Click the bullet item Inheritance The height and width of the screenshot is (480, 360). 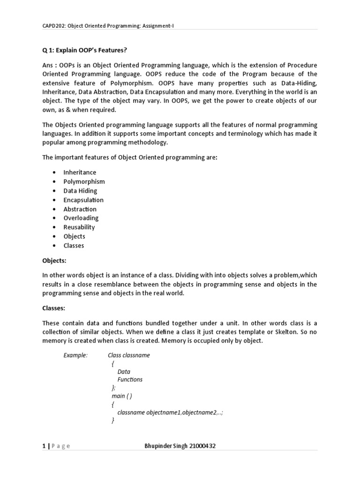point(80,172)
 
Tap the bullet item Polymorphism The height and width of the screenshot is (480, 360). point(84,181)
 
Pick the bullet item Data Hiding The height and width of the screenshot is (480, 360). point(80,191)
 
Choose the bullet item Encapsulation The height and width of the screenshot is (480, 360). point(83,200)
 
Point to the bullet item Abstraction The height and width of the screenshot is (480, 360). point(80,209)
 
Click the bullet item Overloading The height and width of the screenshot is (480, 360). point(81,218)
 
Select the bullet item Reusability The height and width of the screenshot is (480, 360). point(79,227)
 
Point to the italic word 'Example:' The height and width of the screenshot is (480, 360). point(75,355)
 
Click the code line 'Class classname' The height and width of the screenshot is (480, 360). point(129,355)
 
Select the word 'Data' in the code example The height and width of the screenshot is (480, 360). point(124,372)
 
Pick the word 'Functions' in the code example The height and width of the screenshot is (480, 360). point(130,380)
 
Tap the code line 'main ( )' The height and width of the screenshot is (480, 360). point(122,396)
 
